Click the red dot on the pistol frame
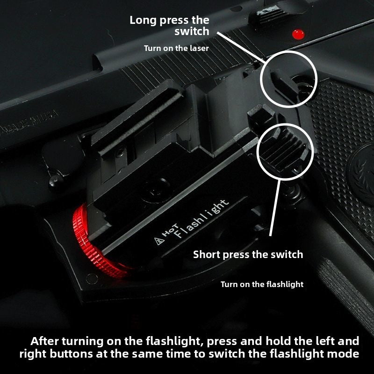(298, 35)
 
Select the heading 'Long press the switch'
(169, 26)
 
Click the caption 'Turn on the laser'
(176, 49)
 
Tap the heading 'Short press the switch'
(248, 255)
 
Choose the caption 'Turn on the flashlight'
(262, 284)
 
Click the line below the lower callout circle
(275, 208)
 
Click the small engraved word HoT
(170, 230)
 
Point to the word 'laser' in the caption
(199, 49)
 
